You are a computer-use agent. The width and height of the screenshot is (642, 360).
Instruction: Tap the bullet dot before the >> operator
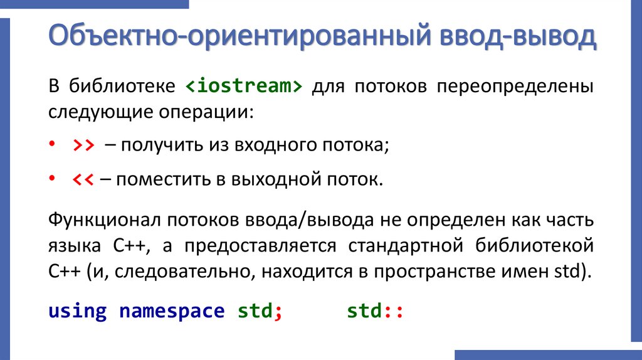pyautogui.click(x=52, y=146)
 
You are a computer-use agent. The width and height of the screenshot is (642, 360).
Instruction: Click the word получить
pyautogui.click(x=159, y=146)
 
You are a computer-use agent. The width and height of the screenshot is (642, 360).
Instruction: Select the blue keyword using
pyautogui.click(x=77, y=312)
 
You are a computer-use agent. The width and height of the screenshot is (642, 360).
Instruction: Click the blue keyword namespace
pyautogui.click(x=171, y=312)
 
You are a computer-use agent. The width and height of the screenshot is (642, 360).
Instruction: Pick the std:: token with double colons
pyautogui.click(x=374, y=312)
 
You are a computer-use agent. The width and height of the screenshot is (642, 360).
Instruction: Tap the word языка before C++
pyautogui.click(x=73, y=246)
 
